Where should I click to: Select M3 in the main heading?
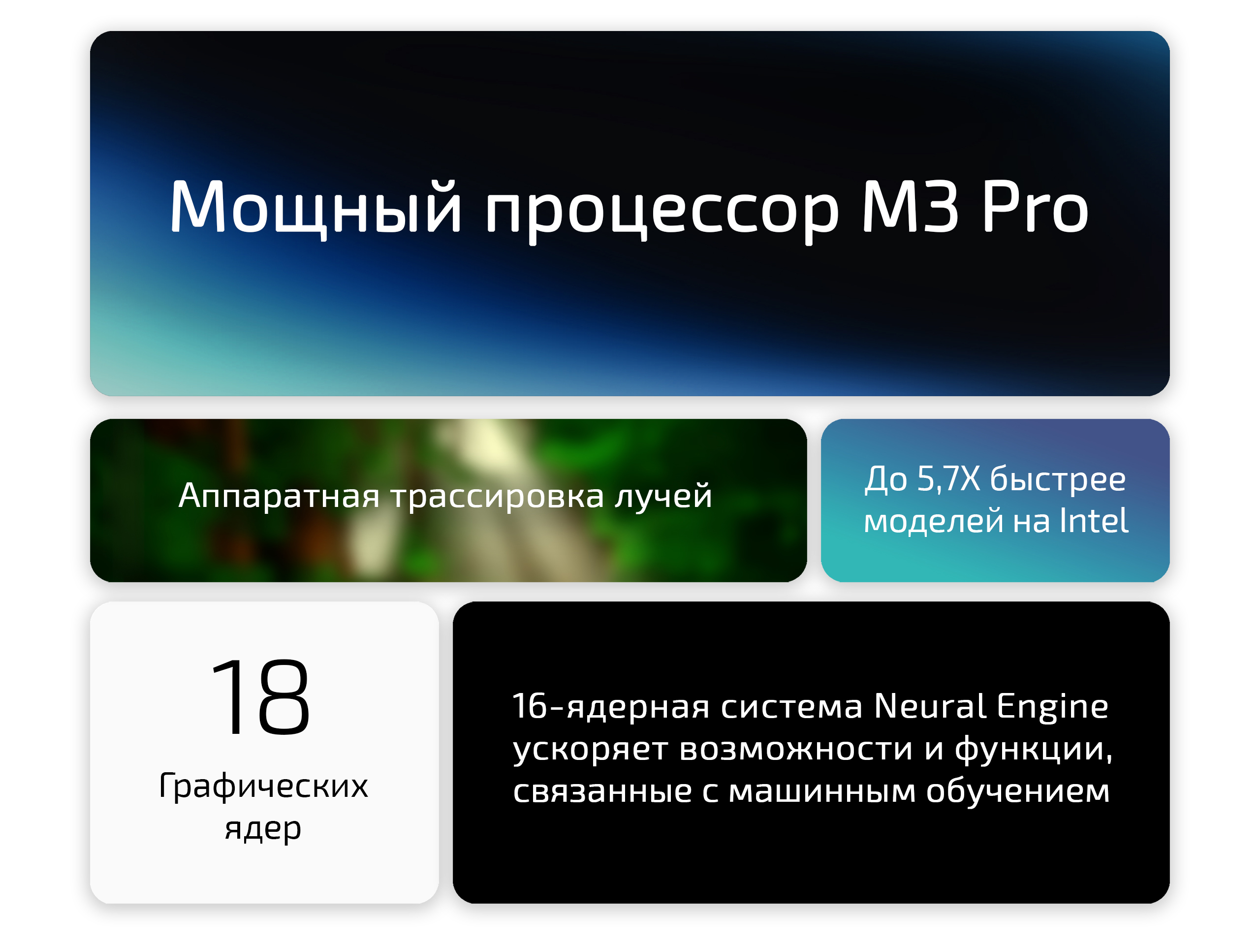(910, 206)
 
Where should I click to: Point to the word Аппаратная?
(279, 496)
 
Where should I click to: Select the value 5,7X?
(948, 478)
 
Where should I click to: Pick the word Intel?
(1094, 521)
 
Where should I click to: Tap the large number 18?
(261, 696)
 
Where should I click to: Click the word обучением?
(1017, 790)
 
